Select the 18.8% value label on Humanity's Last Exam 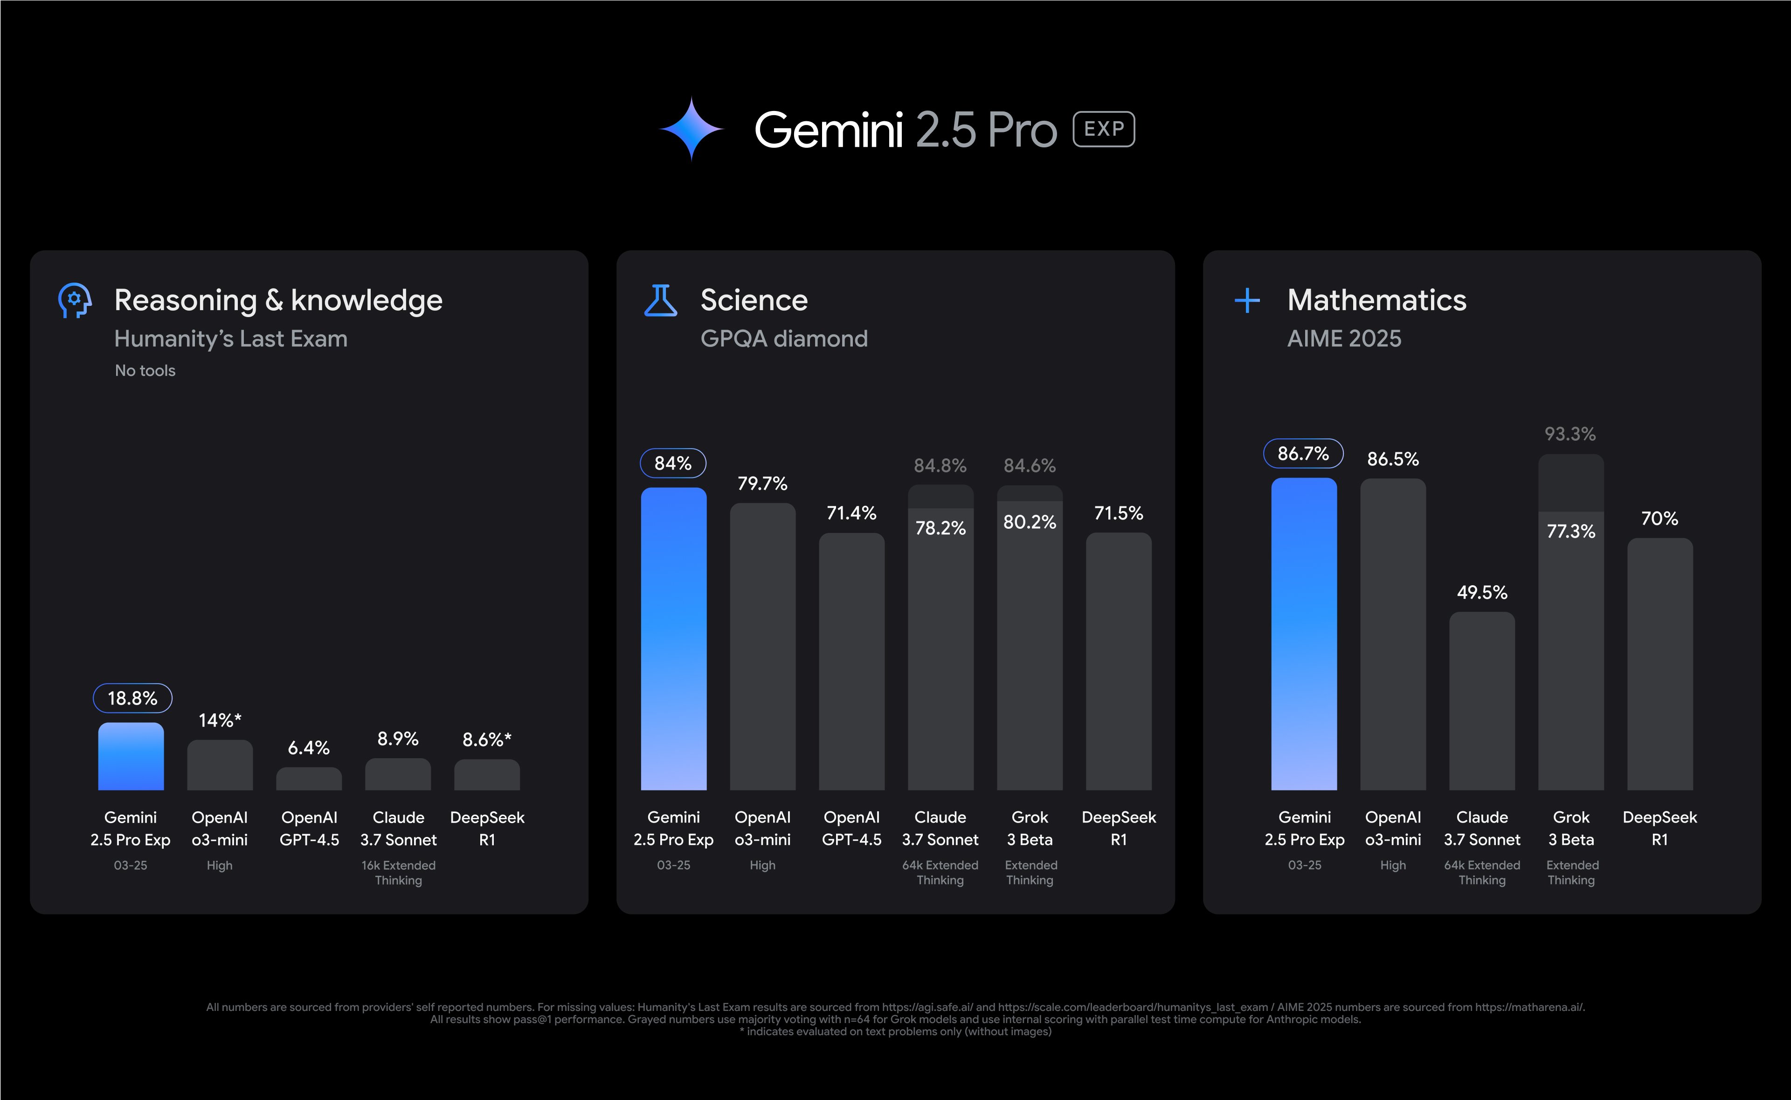click(132, 699)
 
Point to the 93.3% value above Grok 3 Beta click(1570, 434)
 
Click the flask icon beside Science click(661, 300)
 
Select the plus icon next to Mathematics click(1248, 300)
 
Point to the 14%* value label click(220, 720)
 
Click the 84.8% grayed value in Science click(940, 466)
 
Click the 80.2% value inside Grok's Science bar click(1030, 522)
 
